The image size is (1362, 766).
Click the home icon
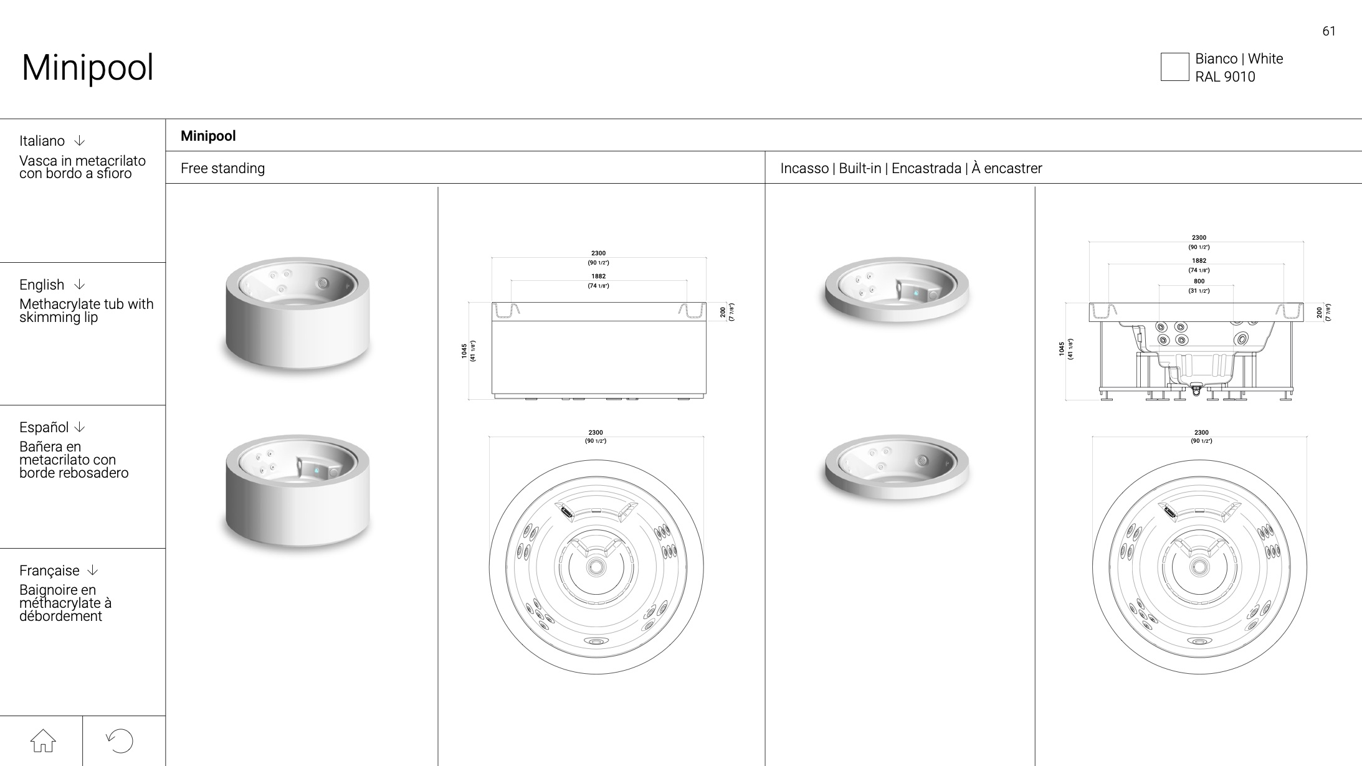pyautogui.click(x=43, y=740)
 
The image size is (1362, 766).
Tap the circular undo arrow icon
pyautogui.click(x=120, y=740)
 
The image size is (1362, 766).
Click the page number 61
pyautogui.click(x=1328, y=31)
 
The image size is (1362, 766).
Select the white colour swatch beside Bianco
pyautogui.click(x=1174, y=67)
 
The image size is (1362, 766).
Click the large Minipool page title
pyautogui.click(x=87, y=67)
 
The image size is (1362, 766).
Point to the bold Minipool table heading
pyautogui.click(x=208, y=136)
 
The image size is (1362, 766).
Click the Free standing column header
pyautogui.click(x=222, y=168)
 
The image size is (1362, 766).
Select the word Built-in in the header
pyautogui.click(x=860, y=168)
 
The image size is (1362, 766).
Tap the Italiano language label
pyautogui.click(x=42, y=141)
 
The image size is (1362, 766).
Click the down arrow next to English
pyautogui.click(x=79, y=285)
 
